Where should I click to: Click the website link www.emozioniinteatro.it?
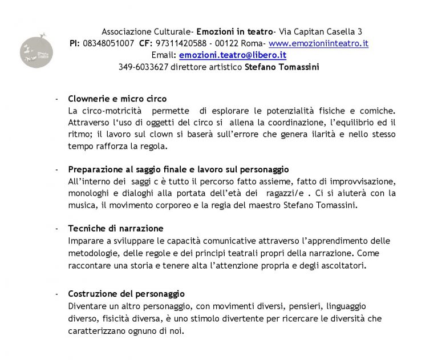pyautogui.click(x=318, y=43)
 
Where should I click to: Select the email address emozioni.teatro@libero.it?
pyautogui.click(x=232, y=55)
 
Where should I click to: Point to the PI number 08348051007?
pyautogui.click(x=108, y=43)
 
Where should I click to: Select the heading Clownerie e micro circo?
pyautogui.click(x=117, y=99)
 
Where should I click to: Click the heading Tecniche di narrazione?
pyautogui.click(x=115, y=228)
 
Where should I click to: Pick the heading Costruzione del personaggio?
pyautogui.click(x=126, y=294)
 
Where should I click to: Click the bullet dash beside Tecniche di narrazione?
pyautogui.click(x=56, y=228)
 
